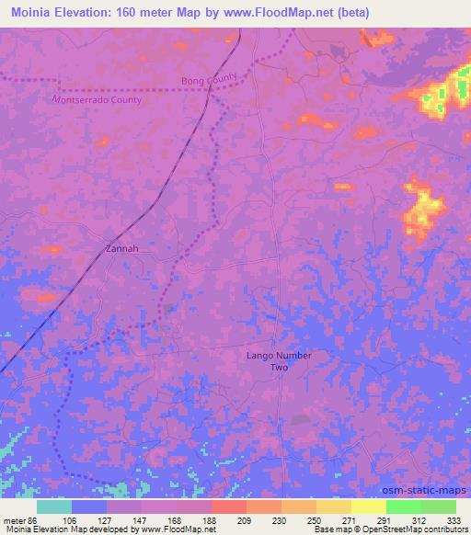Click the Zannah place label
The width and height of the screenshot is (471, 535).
click(121, 248)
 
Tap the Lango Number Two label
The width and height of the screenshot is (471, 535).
click(280, 360)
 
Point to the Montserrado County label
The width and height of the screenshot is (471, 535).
click(98, 99)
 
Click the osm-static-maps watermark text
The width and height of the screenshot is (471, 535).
click(430, 491)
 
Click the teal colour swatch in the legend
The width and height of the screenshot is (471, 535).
click(54, 507)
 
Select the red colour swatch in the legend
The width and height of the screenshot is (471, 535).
click(228, 507)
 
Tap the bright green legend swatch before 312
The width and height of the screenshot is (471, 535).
click(403, 507)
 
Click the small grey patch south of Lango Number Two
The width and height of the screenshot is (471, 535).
click(299, 419)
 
